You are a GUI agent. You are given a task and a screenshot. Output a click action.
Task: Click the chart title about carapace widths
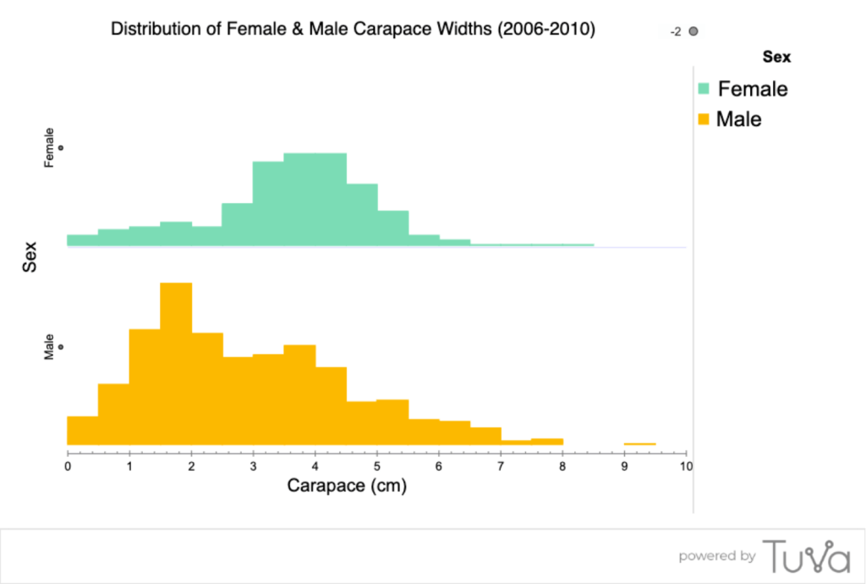(x=354, y=30)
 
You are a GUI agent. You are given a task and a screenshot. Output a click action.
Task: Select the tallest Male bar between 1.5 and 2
(x=176, y=364)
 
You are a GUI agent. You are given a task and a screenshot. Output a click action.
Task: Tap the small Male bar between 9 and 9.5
(x=640, y=444)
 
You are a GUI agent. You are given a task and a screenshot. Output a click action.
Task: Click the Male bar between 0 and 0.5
(x=82, y=431)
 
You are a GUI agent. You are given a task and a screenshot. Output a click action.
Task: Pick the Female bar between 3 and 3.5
(x=268, y=204)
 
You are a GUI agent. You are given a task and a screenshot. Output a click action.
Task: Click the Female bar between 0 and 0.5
(x=82, y=240)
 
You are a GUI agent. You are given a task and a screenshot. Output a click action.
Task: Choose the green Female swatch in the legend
(x=704, y=89)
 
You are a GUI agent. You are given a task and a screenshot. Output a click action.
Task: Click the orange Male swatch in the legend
(x=704, y=119)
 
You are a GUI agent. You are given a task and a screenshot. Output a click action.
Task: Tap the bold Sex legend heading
(x=776, y=57)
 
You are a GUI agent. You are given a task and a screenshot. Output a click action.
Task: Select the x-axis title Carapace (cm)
(x=347, y=486)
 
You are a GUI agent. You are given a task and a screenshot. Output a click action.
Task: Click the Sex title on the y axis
(x=30, y=256)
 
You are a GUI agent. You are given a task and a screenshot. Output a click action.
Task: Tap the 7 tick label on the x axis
(x=502, y=466)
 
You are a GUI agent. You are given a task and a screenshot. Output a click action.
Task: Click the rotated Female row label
(x=49, y=147)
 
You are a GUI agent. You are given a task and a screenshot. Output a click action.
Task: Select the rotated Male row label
(x=49, y=347)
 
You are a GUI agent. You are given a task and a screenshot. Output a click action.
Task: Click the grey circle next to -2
(x=693, y=31)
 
